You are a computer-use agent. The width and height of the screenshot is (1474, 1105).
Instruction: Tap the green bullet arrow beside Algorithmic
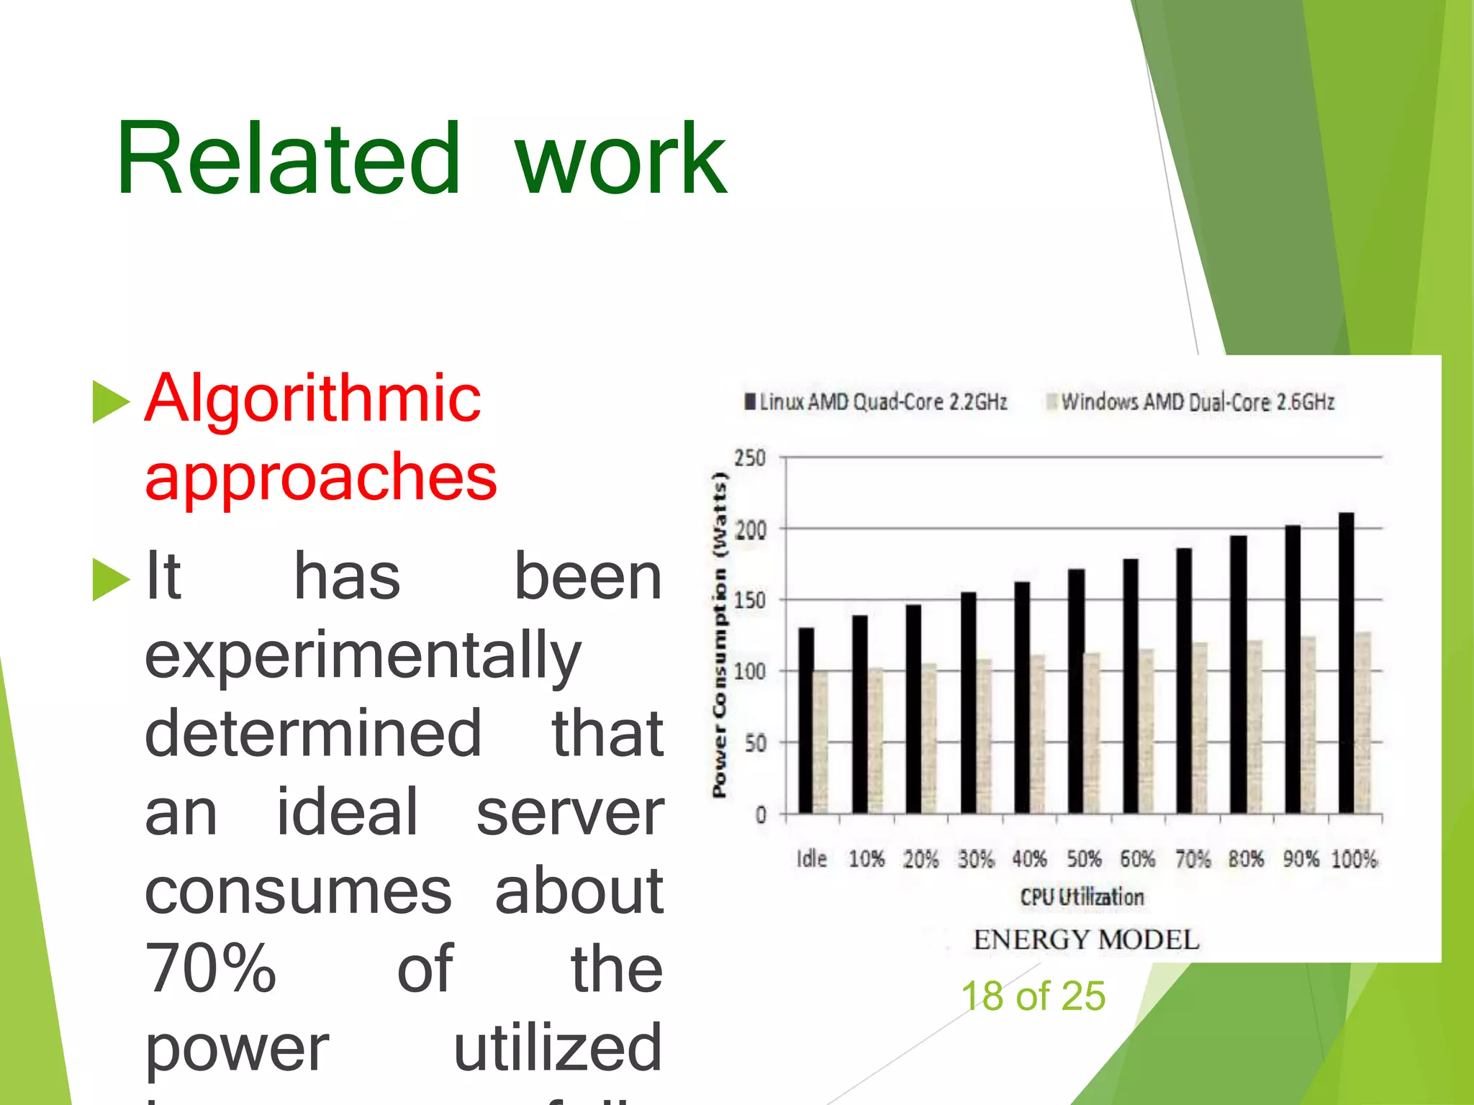(x=111, y=401)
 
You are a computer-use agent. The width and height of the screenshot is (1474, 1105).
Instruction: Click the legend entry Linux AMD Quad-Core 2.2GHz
(x=876, y=401)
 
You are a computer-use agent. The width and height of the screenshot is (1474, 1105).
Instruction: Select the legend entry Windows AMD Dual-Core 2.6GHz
(x=1191, y=401)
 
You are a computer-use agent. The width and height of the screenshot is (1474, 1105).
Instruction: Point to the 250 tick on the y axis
(x=750, y=458)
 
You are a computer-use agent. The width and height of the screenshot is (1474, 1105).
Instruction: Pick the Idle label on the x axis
(x=812, y=858)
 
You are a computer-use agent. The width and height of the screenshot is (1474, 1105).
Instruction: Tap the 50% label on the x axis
(x=1084, y=858)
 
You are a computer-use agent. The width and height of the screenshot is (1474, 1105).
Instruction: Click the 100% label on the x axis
(x=1354, y=858)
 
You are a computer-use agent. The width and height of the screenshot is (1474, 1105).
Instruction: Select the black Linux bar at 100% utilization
(x=1346, y=662)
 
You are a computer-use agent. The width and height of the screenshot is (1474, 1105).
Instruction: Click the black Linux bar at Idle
(x=806, y=719)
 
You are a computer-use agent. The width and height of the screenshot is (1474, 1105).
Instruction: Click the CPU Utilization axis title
(x=1082, y=897)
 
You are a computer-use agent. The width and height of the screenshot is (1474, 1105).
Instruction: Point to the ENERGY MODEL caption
(x=1086, y=940)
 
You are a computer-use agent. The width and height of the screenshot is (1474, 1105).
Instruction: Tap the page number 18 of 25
(x=1033, y=996)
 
